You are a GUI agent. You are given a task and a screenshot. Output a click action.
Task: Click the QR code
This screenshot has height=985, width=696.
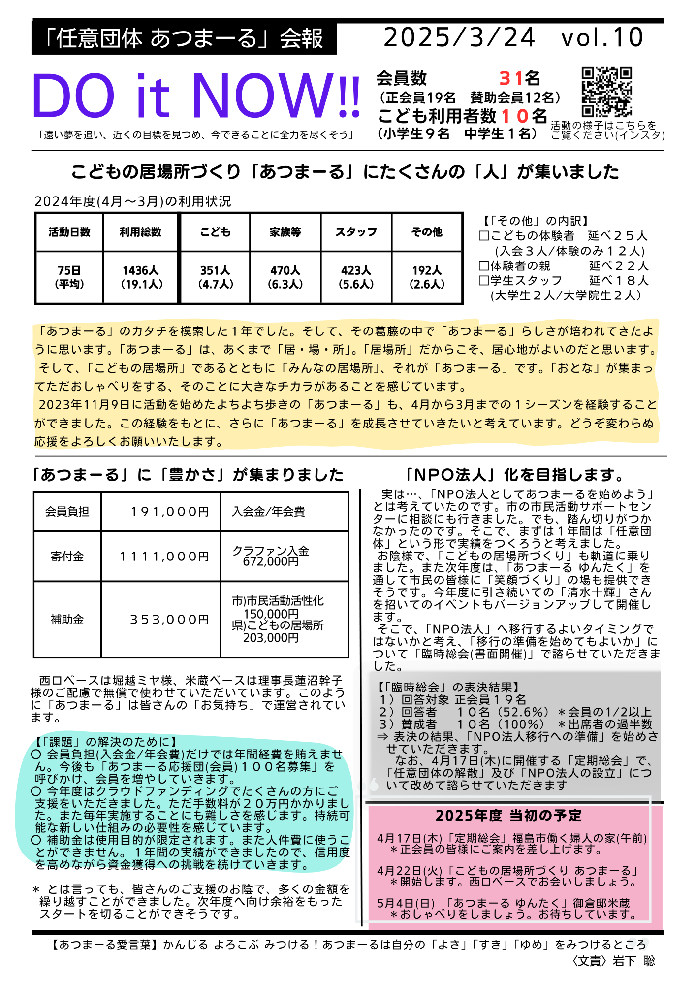coord(606,92)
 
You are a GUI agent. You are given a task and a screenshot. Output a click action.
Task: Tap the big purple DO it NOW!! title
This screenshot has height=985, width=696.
coord(196,96)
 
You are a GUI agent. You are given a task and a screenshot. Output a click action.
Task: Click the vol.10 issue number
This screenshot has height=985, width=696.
coord(602,37)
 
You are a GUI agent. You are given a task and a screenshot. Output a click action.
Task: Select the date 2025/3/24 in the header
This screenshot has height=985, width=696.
coord(459,37)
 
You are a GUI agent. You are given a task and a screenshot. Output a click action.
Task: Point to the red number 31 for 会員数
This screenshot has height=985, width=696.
coord(511,78)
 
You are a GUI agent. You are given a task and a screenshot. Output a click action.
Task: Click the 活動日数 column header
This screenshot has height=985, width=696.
coord(69,232)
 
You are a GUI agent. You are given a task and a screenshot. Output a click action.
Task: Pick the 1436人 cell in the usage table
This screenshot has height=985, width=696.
coord(141,277)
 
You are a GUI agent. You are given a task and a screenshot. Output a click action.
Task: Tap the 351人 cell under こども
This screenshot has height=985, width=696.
coord(215,277)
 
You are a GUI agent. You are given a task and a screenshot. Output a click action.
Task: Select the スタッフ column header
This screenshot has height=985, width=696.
coord(356,232)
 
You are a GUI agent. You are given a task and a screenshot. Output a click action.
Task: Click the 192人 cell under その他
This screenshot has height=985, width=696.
coord(427,277)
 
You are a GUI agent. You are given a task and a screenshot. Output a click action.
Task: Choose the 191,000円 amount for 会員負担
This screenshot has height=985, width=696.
coord(170,512)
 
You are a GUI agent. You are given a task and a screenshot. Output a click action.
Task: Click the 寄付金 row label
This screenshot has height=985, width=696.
coord(67,557)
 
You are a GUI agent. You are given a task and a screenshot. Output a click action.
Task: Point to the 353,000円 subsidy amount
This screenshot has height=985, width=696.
coord(170,619)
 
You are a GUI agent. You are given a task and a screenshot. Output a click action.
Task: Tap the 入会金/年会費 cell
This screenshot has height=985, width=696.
coord(269,512)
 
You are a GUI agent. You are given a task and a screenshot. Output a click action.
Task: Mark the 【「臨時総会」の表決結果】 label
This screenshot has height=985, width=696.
coord(449,687)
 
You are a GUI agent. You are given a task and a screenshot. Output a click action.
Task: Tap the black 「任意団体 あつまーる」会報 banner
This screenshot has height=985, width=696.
coord(184,38)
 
